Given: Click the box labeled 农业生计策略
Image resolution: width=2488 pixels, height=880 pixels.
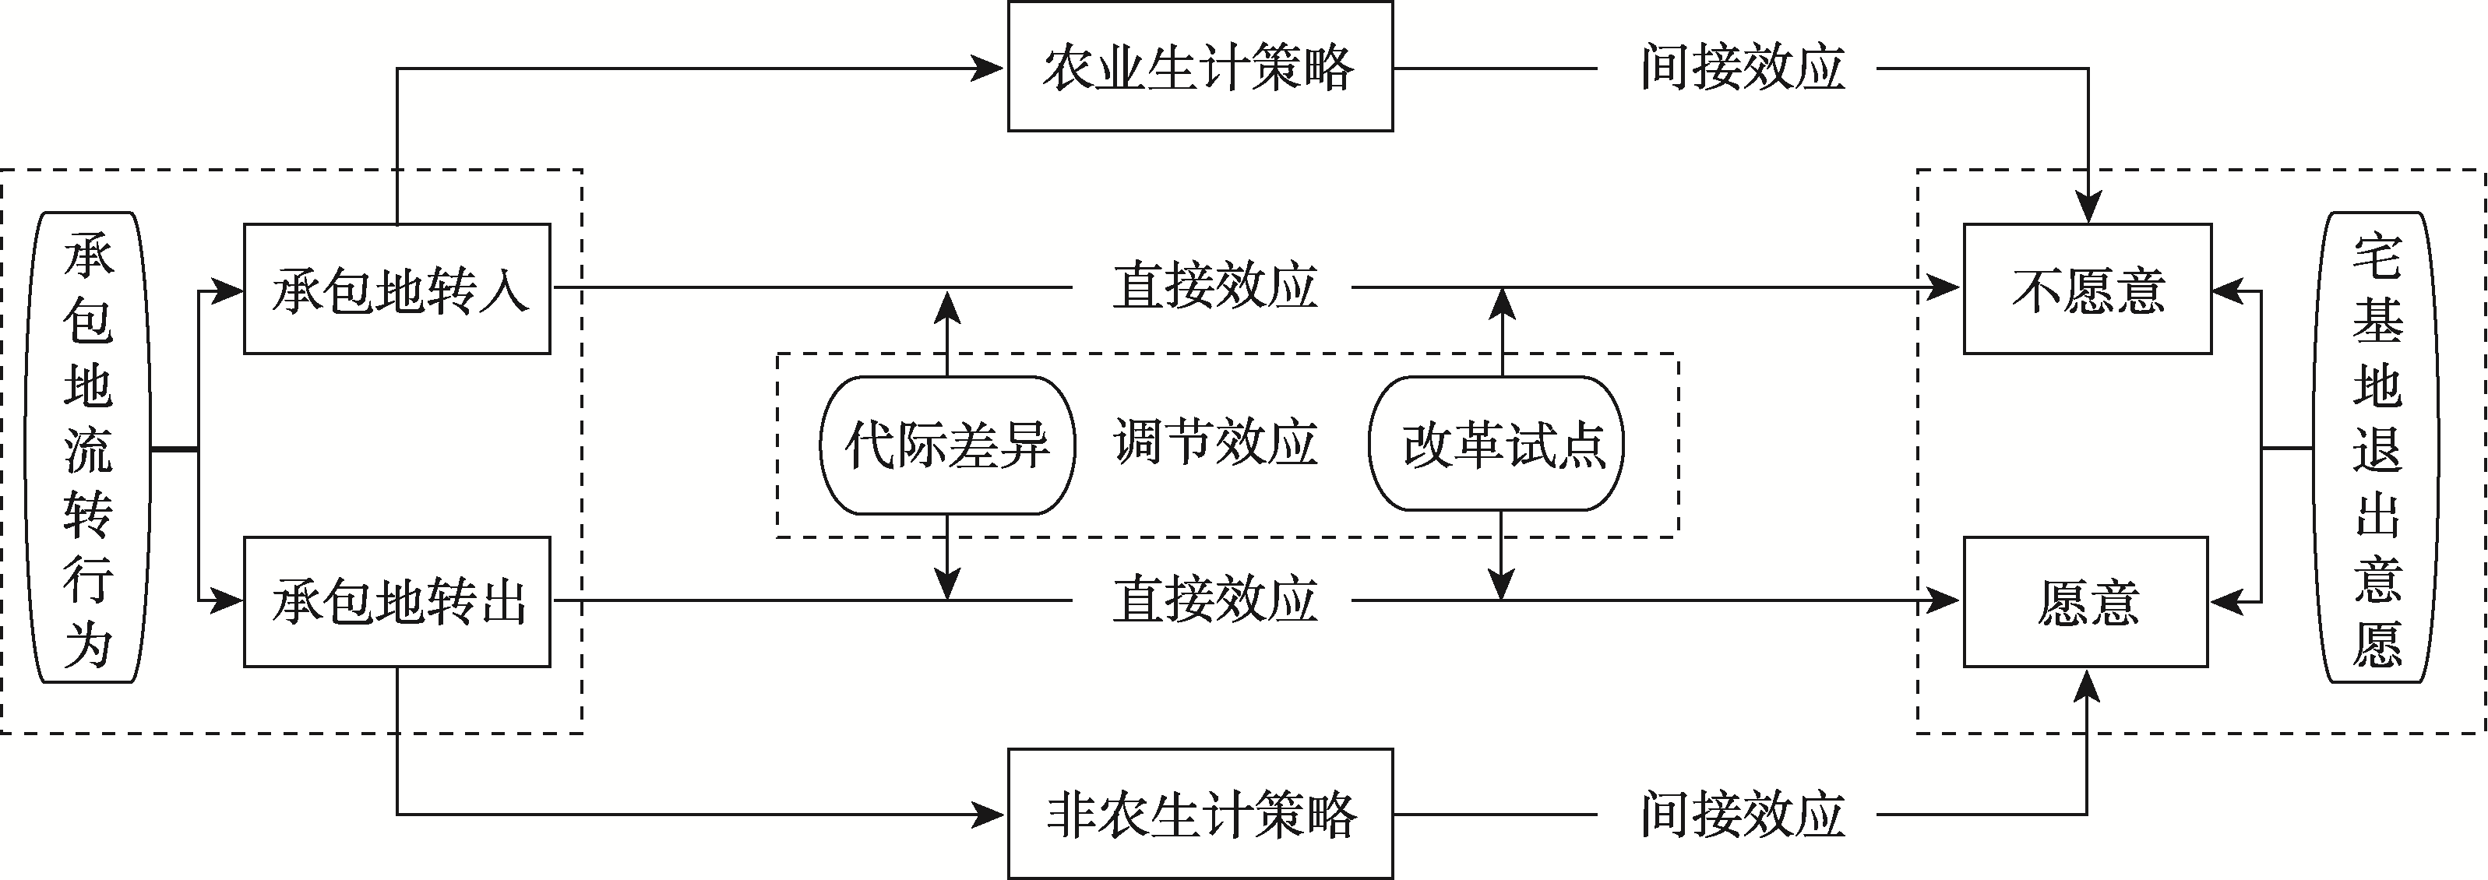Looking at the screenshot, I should click(1200, 67).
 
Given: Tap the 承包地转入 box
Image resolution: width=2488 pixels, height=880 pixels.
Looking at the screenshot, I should click(397, 289).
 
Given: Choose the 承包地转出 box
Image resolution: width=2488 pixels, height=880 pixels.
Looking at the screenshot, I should click(397, 602).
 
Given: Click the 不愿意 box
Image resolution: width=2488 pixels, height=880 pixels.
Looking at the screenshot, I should click(2087, 289).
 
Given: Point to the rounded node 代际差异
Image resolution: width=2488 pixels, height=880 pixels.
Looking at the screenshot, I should click(947, 445).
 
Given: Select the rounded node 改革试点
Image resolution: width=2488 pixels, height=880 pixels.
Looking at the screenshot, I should click(1496, 445).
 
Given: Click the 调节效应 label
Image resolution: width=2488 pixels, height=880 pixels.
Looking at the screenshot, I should click(1215, 442).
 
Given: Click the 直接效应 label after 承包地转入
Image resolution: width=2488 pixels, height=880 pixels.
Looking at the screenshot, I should click(1215, 286).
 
